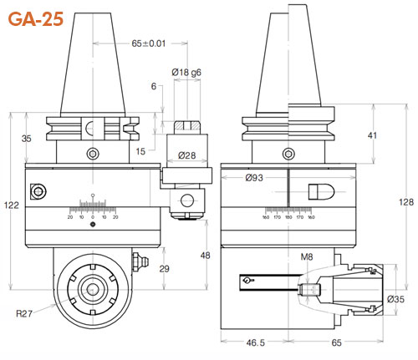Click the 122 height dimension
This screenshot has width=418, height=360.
click(x=10, y=205)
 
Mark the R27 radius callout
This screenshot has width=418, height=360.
click(x=25, y=314)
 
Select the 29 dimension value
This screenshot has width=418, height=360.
click(x=164, y=268)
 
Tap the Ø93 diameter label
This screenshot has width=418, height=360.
click(x=256, y=177)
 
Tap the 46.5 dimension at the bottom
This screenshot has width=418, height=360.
click(x=250, y=343)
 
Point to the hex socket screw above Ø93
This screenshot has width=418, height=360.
click(x=288, y=154)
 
